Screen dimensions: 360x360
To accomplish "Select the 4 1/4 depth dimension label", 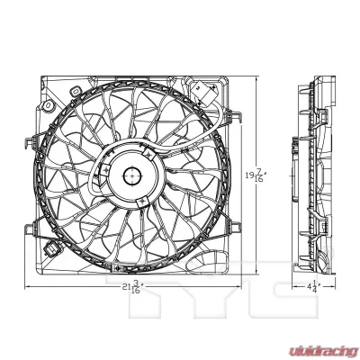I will pos(310,288).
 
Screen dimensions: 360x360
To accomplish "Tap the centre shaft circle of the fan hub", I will pos(131,176).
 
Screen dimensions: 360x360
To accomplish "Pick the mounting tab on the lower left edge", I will pos(32,219).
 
